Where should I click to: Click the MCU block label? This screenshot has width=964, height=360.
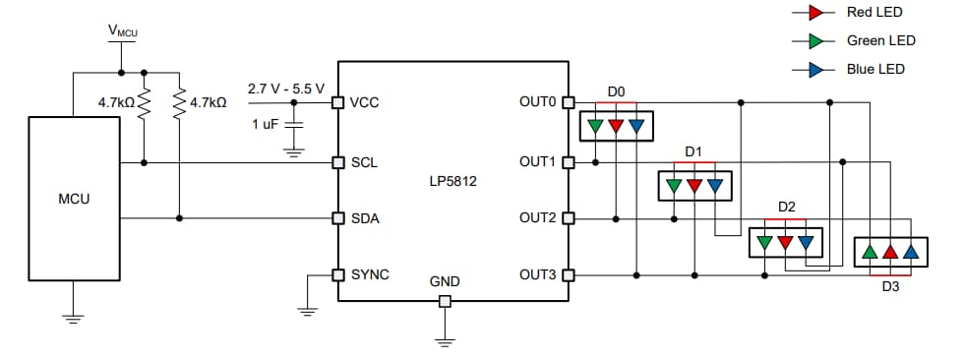74,199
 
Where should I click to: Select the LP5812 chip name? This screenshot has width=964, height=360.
453,181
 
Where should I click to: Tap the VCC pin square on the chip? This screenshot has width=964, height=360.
337,101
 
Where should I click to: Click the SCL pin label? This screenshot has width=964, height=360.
364,161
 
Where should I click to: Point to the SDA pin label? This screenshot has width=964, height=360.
365,218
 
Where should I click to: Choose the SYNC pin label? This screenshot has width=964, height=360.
370,274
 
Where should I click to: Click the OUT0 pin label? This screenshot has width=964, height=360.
538,101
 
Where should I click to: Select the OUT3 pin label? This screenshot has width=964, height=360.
538,274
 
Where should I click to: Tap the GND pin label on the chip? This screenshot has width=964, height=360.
445,282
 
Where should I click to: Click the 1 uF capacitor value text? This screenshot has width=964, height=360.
265,125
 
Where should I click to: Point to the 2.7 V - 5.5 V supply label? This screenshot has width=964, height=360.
285,89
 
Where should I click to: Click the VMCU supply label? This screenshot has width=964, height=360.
122,31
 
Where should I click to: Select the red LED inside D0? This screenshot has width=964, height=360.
616,126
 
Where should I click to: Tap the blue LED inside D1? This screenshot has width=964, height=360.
716,184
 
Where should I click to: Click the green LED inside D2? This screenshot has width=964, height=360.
765,241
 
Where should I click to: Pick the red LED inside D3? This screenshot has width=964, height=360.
890,252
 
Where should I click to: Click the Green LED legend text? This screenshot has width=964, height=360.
880,40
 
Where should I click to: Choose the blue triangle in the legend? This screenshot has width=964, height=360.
815,69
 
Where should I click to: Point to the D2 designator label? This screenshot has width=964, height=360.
786,208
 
